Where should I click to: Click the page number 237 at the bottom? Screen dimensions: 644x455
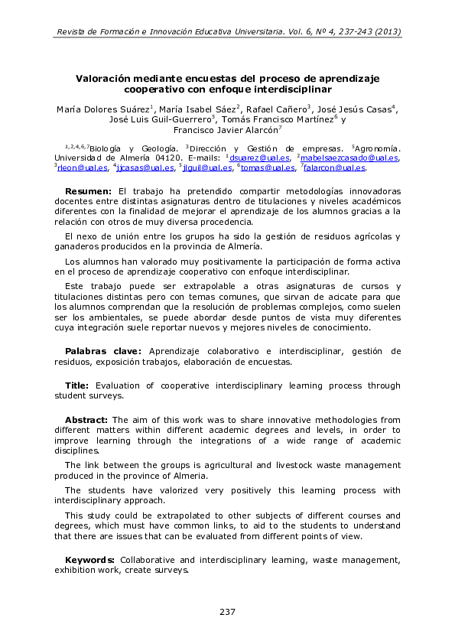pos(227,612)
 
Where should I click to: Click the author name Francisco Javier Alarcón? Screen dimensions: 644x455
pos(226,130)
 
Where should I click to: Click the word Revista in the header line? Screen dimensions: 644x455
pos(73,32)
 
